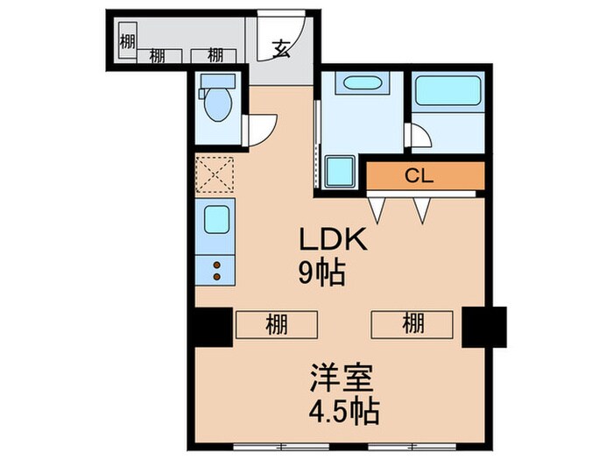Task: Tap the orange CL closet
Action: click(x=425, y=176)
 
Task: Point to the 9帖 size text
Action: click(x=321, y=273)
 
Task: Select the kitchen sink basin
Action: click(x=215, y=219)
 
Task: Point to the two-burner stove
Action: click(x=215, y=267)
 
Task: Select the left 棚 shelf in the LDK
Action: click(x=277, y=326)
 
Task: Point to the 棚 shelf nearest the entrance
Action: click(x=215, y=55)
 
